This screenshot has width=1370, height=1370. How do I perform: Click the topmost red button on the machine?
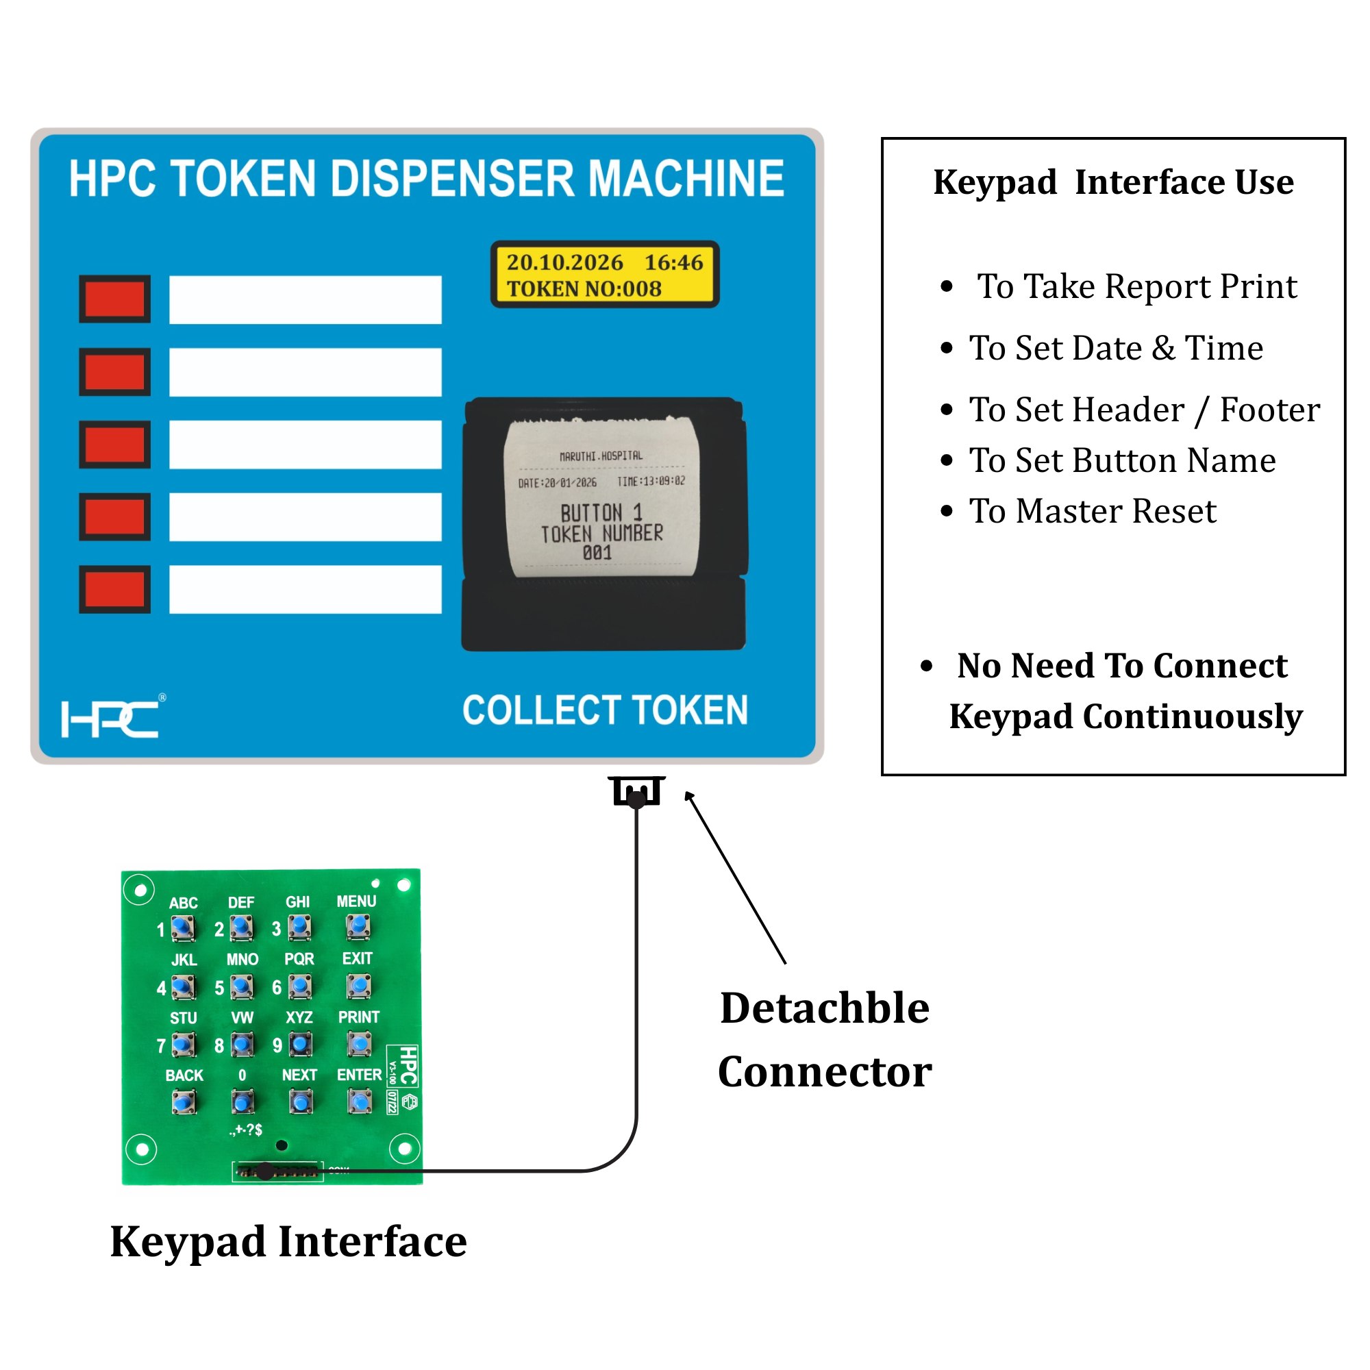point(114,299)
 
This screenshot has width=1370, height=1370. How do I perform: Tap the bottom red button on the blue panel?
point(114,588)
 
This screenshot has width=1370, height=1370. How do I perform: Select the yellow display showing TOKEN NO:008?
point(604,275)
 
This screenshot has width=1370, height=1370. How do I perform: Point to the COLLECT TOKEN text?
point(605,710)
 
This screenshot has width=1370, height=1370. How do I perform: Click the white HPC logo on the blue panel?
point(110,719)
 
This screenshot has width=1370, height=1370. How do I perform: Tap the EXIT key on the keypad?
point(358,985)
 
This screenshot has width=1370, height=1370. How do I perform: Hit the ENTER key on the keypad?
point(360,1101)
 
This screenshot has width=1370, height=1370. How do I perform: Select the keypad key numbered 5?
point(242,986)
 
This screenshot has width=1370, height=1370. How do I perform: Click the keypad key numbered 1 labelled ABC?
point(184,927)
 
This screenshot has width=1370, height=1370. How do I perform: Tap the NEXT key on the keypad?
point(301,1101)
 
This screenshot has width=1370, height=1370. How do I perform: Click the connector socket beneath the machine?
point(636,791)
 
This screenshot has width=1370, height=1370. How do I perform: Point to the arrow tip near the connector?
point(687,794)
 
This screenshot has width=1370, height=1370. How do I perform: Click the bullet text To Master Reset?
point(1092,510)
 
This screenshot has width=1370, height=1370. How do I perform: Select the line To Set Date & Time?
point(1115,347)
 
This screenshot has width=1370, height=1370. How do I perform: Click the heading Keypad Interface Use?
point(1113,182)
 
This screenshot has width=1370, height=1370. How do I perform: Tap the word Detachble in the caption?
point(824,1008)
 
